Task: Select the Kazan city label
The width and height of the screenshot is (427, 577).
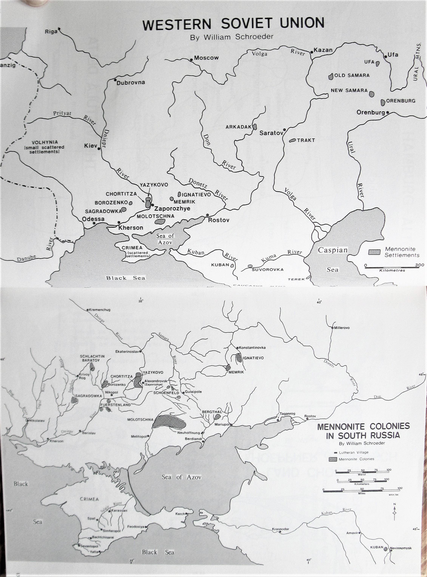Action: [x=323, y=50]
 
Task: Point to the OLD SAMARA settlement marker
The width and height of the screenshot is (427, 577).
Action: [x=330, y=77]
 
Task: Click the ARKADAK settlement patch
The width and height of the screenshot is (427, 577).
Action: [x=255, y=127]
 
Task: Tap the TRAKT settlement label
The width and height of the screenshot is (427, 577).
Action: [x=306, y=140]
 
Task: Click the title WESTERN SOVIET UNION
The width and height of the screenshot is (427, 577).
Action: [x=233, y=24]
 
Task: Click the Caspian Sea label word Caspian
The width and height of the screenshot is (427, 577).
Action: [x=332, y=250]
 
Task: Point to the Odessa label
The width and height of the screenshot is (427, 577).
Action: [x=93, y=219]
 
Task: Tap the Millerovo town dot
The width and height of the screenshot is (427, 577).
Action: [x=333, y=328]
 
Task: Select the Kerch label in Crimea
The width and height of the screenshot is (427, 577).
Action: [x=180, y=514]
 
